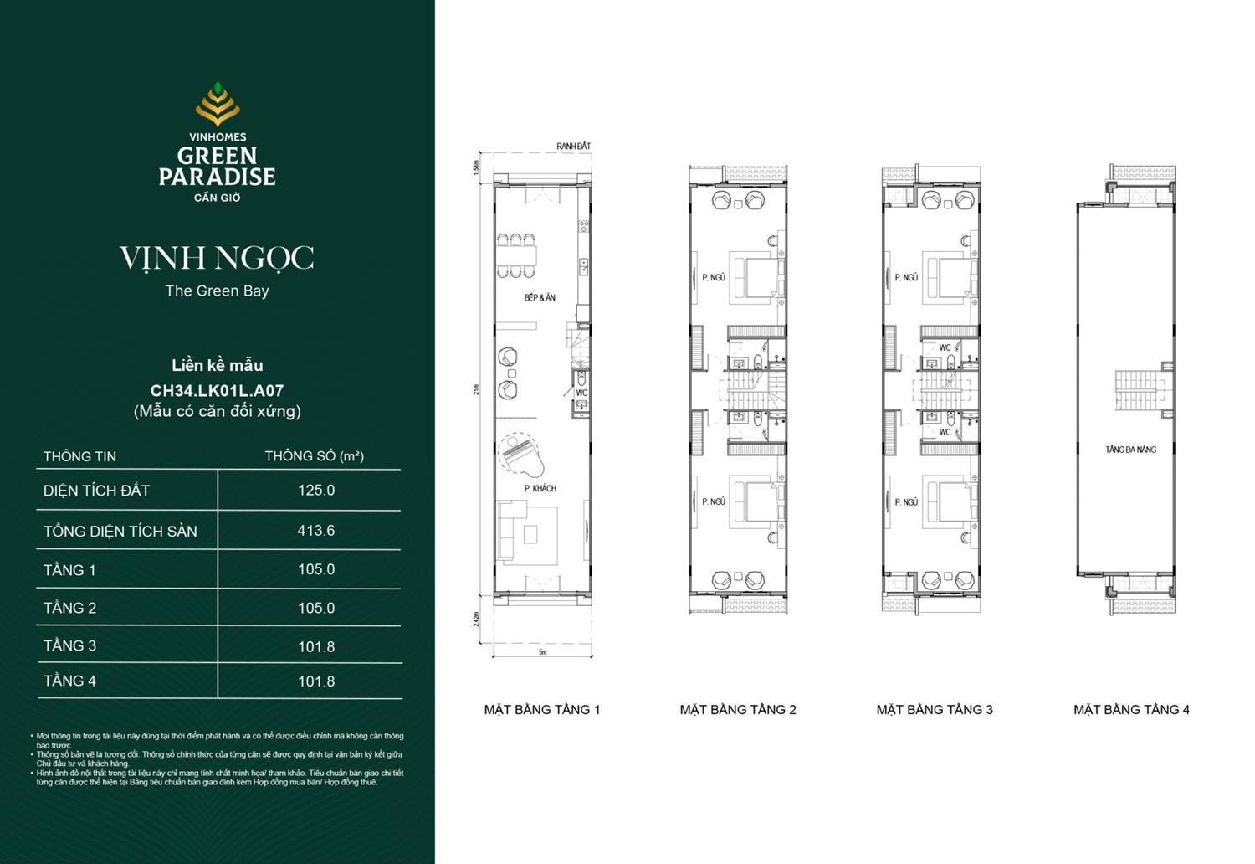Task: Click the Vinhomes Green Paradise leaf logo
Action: tap(218, 104)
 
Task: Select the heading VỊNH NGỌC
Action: tap(217, 258)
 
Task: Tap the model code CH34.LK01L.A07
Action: tap(217, 390)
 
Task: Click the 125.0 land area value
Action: tap(316, 491)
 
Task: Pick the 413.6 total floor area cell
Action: tap(315, 531)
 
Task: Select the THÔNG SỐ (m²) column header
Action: tap(314, 456)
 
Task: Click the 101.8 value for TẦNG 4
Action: tap(316, 681)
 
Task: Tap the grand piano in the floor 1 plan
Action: tap(520, 454)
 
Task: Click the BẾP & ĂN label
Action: tap(540, 298)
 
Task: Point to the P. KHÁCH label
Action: tap(540, 488)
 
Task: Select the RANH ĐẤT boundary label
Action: tap(573, 147)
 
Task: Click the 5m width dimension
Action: tap(542, 652)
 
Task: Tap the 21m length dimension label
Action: tap(477, 389)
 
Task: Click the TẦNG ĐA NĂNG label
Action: tap(1130, 450)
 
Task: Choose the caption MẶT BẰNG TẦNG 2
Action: tap(738, 710)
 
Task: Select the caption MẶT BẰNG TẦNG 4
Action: tap(1131, 710)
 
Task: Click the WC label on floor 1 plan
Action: tap(581, 393)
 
